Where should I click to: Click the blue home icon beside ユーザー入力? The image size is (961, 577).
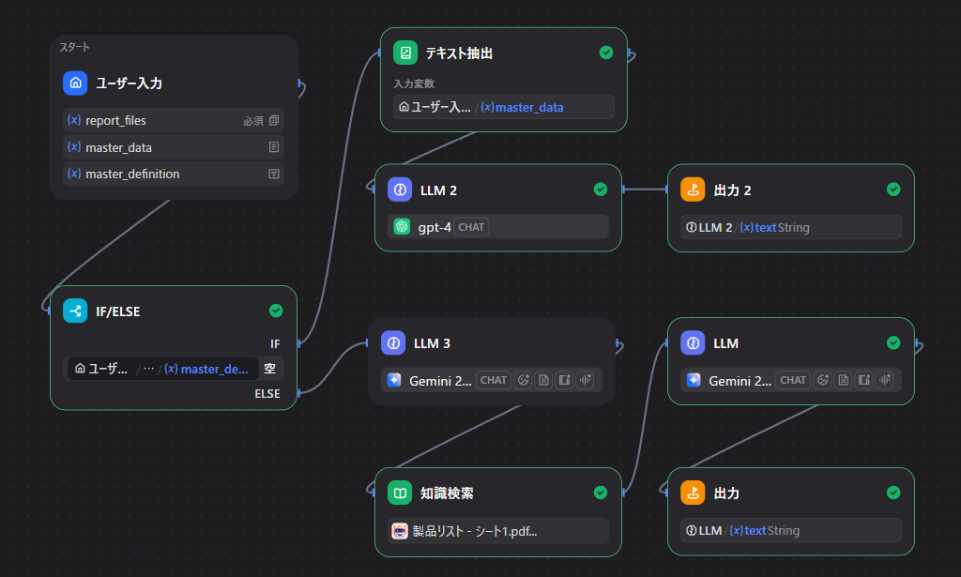coord(75,84)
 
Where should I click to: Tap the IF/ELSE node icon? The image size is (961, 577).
coord(75,311)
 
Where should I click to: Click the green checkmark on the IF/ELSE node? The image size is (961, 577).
coord(276,311)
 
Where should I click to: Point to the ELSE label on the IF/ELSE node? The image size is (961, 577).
coord(267,394)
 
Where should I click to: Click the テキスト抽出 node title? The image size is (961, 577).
coord(459,53)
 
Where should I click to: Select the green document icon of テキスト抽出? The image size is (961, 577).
coord(405,53)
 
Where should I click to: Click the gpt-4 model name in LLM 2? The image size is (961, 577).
coord(435,227)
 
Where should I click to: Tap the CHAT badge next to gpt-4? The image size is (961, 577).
coord(471,227)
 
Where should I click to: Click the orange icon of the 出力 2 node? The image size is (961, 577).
coord(693,190)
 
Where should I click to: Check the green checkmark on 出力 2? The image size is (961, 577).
coord(893,190)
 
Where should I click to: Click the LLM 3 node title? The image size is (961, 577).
coord(432,343)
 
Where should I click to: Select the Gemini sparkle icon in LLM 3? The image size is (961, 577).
coord(393,380)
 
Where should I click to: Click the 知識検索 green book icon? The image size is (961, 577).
coord(400,493)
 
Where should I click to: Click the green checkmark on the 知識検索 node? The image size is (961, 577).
coord(601,493)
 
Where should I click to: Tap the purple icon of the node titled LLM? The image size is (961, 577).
coord(693,343)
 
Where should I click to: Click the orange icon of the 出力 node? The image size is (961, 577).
coord(693,493)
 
